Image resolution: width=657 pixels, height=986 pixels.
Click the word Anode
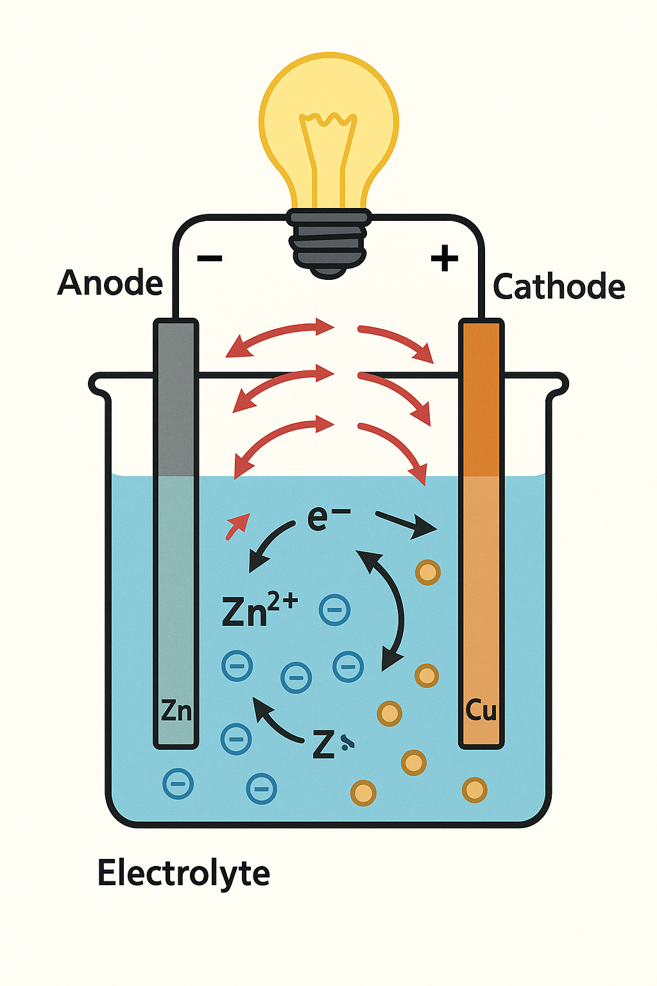pyautogui.click(x=110, y=282)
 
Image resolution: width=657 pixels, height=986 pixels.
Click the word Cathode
pyautogui.click(x=559, y=286)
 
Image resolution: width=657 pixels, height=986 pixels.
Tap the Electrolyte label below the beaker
pyautogui.click(x=183, y=873)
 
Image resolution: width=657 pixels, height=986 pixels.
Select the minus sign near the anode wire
pyautogui.click(x=209, y=259)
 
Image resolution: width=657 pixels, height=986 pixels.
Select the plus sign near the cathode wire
pyautogui.click(x=444, y=259)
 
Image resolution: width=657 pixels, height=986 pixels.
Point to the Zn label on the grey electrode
pyautogui.click(x=176, y=711)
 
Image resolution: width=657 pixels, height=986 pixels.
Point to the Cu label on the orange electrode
pyautogui.click(x=481, y=710)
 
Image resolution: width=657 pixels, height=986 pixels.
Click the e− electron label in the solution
pyautogui.click(x=328, y=517)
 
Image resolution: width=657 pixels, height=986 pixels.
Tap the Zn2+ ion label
pyautogui.click(x=259, y=610)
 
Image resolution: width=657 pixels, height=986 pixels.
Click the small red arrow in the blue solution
pyautogui.click(x=237, y=525)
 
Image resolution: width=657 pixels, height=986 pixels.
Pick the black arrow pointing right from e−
pyautogui.click(x=405, y=524)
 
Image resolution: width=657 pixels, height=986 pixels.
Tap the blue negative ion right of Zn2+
pyautogui.click(x=334, y=610)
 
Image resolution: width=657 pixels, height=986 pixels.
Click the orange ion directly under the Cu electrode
pyautogui.click(x=474, y=790)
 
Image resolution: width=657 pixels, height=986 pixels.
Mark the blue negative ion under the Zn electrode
pyautogui.click(x=178, y=783)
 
